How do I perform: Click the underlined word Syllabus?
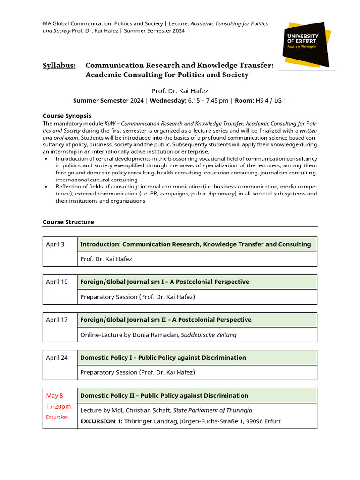tap(59, 66)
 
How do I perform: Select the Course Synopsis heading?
tap(67, 116)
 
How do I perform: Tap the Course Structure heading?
tap(68, 222)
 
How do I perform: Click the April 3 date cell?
tap(55, 244)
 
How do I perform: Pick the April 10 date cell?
tap(57, 282)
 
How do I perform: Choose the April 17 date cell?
tap(57, 320)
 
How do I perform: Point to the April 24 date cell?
tap(57, 358)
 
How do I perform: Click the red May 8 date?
tap(54, 396)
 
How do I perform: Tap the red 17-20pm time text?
tap(58, 406)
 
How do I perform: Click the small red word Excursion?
tap(57, 417)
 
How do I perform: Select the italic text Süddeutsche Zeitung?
tap(206, 335)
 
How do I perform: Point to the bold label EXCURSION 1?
tap(101, 421)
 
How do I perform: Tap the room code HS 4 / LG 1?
tap(270, 100)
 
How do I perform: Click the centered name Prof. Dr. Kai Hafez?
tap(180, 91)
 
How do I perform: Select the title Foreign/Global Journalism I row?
tap(165, 282)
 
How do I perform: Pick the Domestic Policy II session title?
tap(164, 396)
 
